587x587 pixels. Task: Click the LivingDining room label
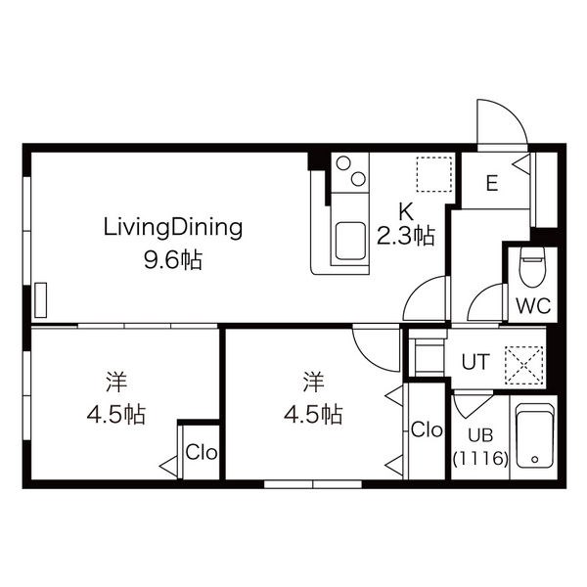tap(173, 229)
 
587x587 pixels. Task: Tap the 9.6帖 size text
tap(173, 260)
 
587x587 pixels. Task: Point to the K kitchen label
tap(406, 212)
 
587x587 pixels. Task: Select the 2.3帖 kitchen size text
tap(406, 236)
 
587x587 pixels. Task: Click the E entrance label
tap(492, 184)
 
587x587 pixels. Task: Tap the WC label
tap(533, 306)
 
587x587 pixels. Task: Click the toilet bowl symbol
tap(533, 266)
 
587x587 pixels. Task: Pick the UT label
tap(475, 362)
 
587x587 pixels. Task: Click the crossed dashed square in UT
tap(523, 365)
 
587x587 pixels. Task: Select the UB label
tap(480, 435)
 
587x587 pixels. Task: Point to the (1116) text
tap(480, 458)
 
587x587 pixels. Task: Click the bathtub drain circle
tap(534, 460)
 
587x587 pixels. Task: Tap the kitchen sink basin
tap(350, 241)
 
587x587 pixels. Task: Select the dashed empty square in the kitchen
tap(434, 174)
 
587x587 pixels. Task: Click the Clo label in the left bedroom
tap(202, 452)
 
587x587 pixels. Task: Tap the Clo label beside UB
tap(427, 429)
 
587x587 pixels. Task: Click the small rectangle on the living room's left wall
tap(41, 300)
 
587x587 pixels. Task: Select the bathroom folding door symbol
tap(473, 403)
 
